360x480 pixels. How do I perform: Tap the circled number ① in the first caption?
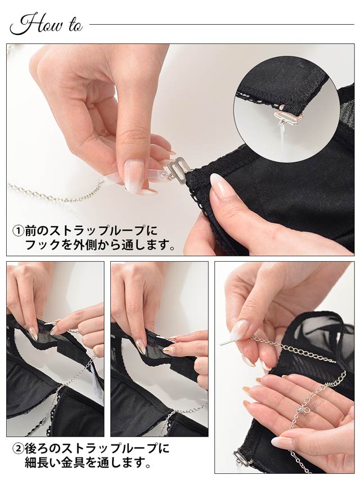(x=18, y=231)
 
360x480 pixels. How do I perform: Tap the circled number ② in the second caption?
(x=18, y=449)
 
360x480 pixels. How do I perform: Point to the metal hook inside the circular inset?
(x=287, y=116)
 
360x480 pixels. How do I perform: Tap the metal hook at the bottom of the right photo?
(x=242, y=458)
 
